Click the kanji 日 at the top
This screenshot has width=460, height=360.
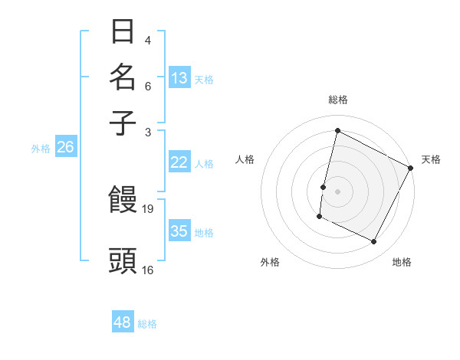pos(123,32)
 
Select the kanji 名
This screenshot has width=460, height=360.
pos(123,77)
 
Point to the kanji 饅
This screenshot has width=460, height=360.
pos(123,201)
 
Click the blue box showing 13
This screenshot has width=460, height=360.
pos(179,78)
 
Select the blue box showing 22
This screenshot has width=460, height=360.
pos(179,162)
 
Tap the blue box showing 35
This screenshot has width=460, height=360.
pos(179,231)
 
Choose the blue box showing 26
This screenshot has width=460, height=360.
pos(65,148)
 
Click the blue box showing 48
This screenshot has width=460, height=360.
pos(123,322)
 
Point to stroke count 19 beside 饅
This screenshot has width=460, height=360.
pos(148,208)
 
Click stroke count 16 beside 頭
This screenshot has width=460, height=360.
pos(148,270)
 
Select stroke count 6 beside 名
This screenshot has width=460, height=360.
pos(148,86)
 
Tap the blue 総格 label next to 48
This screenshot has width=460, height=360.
pos(147,324)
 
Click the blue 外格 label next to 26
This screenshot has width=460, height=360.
pos(40,149)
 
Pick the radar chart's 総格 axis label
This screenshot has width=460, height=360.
pos(337,100)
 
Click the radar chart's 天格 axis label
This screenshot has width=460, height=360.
pos(431,159)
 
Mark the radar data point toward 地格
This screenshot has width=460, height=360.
pos(374,242)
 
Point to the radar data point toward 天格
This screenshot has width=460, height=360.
pos(411,168)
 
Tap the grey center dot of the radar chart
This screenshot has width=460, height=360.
pos(337,191)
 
